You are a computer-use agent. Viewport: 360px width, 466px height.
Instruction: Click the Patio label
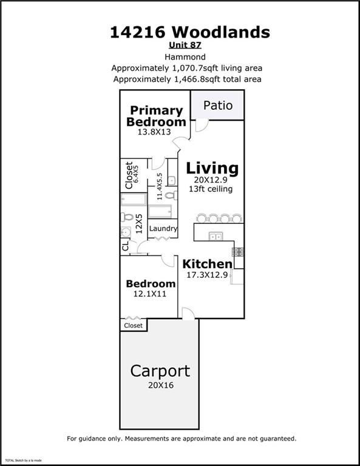(x=217, y=105)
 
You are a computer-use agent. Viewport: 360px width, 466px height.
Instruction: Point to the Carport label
(x=160, y=370)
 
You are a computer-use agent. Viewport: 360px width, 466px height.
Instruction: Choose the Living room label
(x=212, y=168)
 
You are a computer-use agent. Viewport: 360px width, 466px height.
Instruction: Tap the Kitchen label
(x=208, y=264)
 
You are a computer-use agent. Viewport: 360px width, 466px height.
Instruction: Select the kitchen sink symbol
(x=215, y=235)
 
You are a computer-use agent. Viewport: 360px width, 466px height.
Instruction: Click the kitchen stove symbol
(x=238, y=251)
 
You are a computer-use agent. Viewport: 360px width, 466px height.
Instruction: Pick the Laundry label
(x=163, y=229)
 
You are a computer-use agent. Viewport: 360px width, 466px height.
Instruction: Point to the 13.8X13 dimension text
(x=155, y=133)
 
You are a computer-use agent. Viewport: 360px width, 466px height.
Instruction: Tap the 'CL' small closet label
(x=126, y=246)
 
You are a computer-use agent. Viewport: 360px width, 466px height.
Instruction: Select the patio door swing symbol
(x=202, y=124)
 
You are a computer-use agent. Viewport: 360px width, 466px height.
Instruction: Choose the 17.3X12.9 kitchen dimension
(x=208, y=275)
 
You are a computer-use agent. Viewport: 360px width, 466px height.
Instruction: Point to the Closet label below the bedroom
(x=133, y=326)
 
